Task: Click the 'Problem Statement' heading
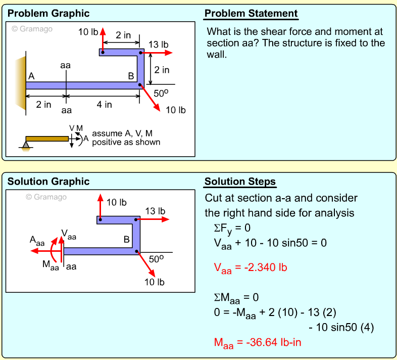point(251,14)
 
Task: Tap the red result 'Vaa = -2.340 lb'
point(251,268)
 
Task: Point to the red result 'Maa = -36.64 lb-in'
point(258,343)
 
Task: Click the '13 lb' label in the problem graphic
point(158,44)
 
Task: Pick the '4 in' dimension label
point(105,105)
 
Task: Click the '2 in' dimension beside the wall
point(43,105)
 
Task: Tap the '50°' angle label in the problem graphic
point(161,94)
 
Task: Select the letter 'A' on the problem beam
point(31,76)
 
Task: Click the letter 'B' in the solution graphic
point(127,239)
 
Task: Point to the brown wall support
point(21,81)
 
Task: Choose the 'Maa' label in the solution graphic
point(49,263)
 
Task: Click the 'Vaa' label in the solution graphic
point(69,234)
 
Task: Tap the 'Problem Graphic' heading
point(48,14)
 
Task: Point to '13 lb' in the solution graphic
point(155,211)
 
